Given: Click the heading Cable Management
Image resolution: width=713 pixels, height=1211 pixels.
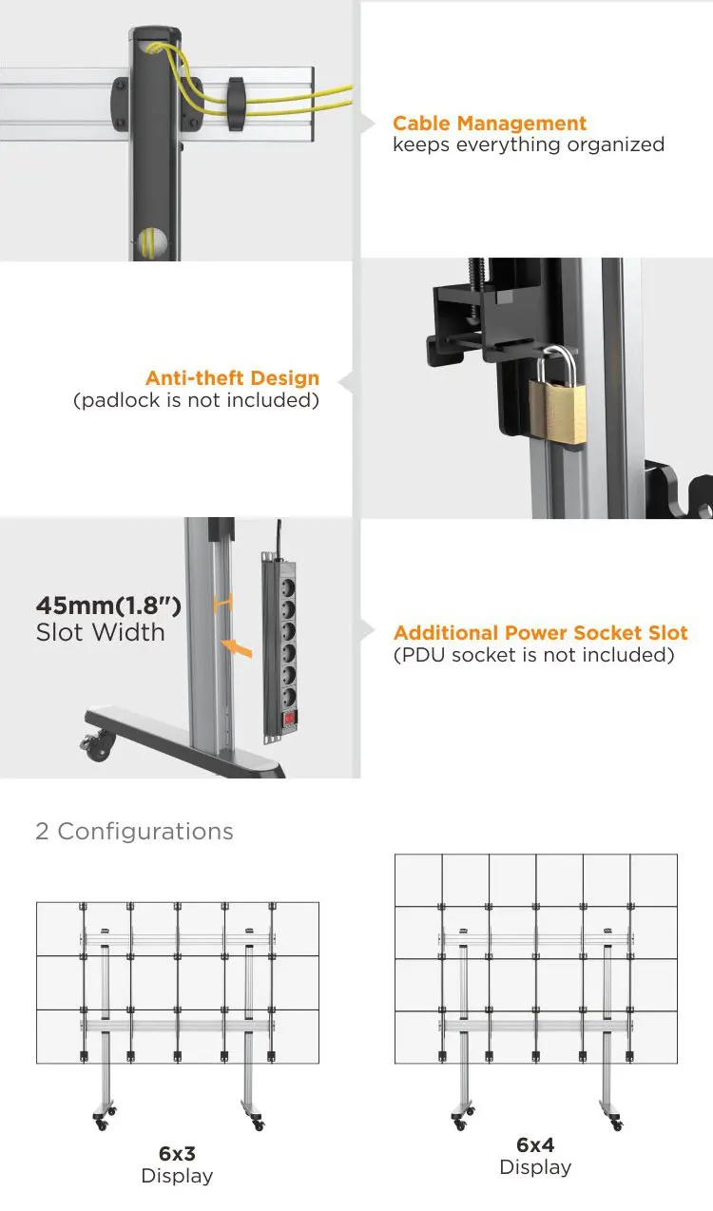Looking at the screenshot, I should coord(490,124).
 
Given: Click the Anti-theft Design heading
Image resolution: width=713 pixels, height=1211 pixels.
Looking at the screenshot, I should coord(233,378).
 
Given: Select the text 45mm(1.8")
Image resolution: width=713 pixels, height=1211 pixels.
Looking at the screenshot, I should coord(108,605).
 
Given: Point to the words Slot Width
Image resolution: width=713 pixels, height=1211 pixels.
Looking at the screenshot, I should coord(100,632).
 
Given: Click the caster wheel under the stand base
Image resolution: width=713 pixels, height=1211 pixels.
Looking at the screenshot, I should coord(98,750).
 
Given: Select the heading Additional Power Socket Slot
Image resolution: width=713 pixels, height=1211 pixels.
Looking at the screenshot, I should coord(540,633).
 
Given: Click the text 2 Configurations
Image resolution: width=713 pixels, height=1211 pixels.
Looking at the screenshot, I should coord(134,832).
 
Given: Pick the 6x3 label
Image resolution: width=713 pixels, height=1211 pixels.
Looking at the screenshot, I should coord(177,1154).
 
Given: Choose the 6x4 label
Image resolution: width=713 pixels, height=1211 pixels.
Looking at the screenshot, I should coord(535,1145).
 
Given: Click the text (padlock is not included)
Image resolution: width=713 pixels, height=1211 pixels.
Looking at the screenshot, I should coord(196,400).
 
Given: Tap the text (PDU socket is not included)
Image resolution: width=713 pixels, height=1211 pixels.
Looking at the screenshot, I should coord(533,655).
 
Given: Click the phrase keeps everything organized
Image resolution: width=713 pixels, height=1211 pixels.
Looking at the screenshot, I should coord(529,144).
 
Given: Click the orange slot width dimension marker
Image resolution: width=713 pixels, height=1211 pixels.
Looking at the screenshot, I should coord(223,602).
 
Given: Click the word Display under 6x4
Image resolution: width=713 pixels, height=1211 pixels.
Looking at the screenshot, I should coord(535,1167).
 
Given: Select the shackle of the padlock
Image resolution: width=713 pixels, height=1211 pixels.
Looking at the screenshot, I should coord(559,362).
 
